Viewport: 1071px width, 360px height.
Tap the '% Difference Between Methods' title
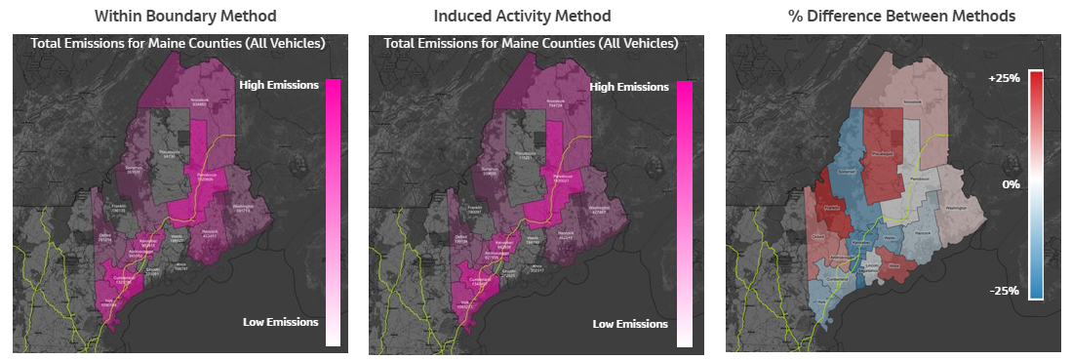tap(892, 16)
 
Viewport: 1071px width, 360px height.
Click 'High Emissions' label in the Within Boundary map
tap(279, 85)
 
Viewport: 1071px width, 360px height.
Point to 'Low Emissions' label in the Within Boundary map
tap(280, 322)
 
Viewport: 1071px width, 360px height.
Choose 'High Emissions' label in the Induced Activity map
tap(629, 87)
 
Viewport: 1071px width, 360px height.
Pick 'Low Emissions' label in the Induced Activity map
tap(630, 324)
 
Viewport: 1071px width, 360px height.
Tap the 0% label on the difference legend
tap(1010, 183)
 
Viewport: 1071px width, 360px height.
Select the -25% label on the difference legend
tap(1004, 291)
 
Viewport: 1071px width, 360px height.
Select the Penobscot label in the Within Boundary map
tap(205, 177)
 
